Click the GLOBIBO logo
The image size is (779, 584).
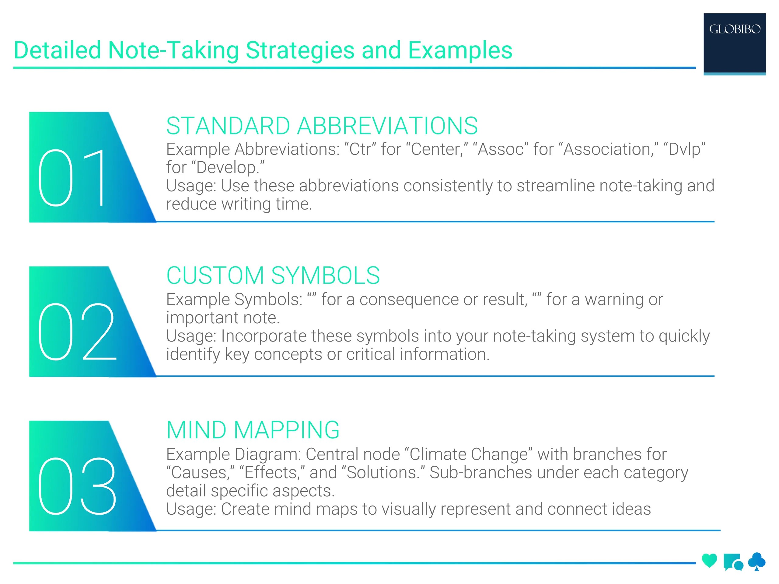[734, 29]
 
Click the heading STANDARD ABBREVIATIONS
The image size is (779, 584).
[322, 126]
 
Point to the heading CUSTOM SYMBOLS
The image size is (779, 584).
[273, 275]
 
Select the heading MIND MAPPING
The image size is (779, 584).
[253, 430]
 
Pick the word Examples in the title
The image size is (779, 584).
[460, 50]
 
